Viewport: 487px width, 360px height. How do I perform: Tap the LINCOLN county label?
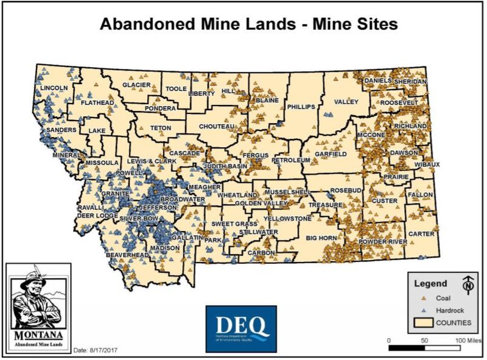point(54,88)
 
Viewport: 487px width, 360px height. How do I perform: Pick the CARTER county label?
point(421,234)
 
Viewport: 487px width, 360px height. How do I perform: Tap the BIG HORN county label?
point(321,238)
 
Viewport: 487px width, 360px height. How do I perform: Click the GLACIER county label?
point(136,85)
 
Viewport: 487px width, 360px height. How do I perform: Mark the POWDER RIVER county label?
point(384,242)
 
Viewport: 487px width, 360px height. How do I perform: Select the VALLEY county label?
point(346,102)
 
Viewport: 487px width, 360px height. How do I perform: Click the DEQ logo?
point(241,328)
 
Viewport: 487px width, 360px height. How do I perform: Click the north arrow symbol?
point(468,284)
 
